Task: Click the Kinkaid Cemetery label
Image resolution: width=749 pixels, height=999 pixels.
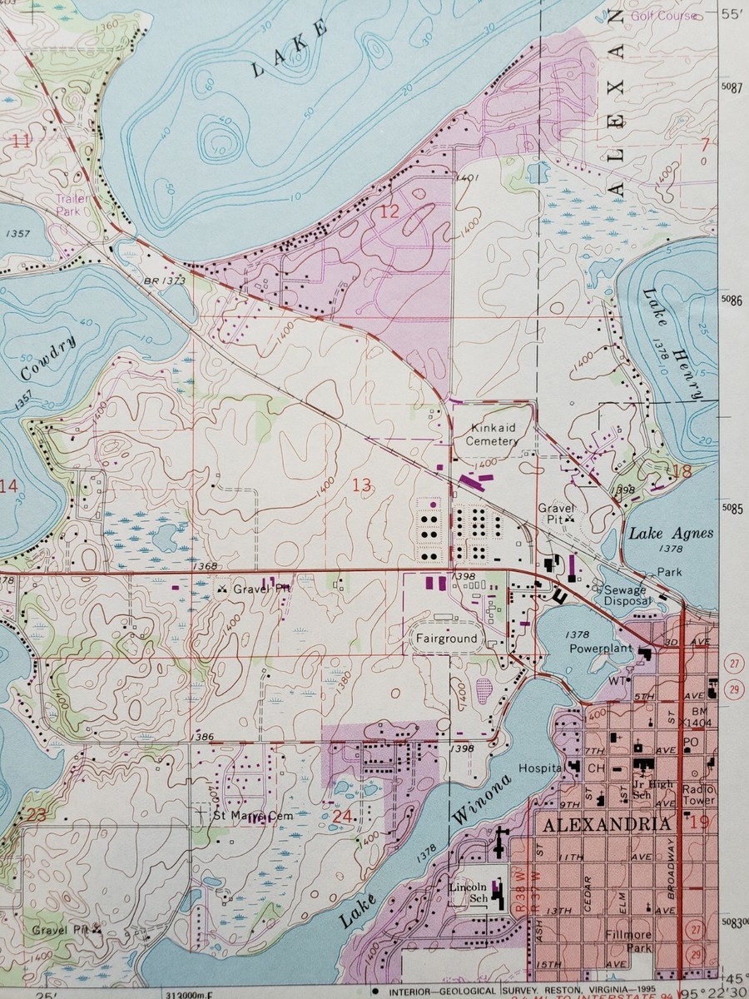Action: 492,434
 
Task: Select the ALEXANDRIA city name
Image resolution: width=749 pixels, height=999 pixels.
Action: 606,824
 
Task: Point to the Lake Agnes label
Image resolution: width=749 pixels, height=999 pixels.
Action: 671,534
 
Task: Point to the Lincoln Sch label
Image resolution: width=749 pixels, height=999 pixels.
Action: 467,893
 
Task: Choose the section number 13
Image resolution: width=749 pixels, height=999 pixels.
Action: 361,485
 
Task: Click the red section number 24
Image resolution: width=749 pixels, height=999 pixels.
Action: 342,816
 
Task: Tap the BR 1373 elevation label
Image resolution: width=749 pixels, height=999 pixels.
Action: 166,282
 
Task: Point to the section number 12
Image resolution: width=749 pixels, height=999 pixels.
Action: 389,211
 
